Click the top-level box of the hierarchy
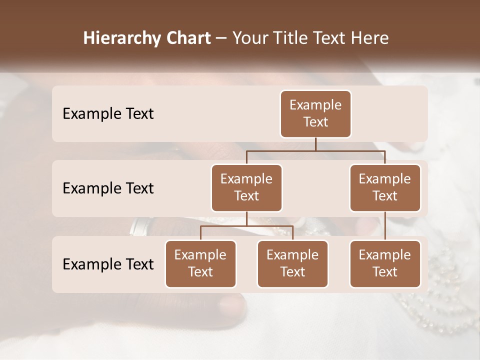tap(315, 114)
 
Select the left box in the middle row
tap(246, 188)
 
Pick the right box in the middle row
tap(385, 188)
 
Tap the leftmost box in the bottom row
tap(200, 264)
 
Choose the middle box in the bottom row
tap(292, 264)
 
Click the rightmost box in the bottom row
tap(385, 264)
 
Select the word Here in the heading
tap(370, 38)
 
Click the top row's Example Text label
tap(108, 114)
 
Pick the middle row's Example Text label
tap(108, 188)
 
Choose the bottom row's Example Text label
tap(108, 264)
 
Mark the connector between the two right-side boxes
tap(385, 225)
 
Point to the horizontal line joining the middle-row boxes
tap(315, 150)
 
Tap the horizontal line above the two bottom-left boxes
tap(246, 226)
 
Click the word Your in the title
tap(250, 38)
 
